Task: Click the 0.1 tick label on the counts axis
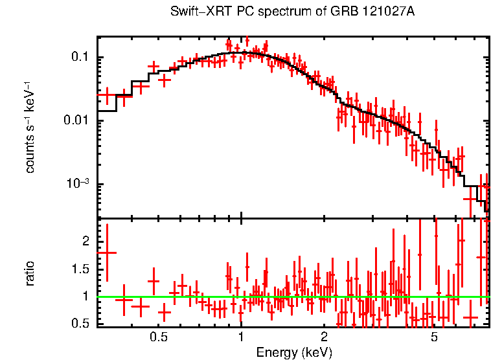[x=80, y=58]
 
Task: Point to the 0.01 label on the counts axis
[x=77, y=121]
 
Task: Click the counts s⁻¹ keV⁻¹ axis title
[x=30, y=127]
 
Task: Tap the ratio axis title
[x=30, y=273]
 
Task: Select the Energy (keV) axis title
[x=294, y=352]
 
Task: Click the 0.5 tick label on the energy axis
[x=159, y=337]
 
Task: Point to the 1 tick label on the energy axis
[x=241, y=337]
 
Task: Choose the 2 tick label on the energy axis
[x=324, y=337]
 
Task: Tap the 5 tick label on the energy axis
[x=434, y=337]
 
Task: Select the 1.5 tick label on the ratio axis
[x=80, y=269]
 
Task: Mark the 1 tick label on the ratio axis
[x=85, y=297]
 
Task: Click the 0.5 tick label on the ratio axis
[x=80, y=323]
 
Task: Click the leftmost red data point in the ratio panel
[x=108, y=253]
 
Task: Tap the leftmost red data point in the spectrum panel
[x=108, y=95]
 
